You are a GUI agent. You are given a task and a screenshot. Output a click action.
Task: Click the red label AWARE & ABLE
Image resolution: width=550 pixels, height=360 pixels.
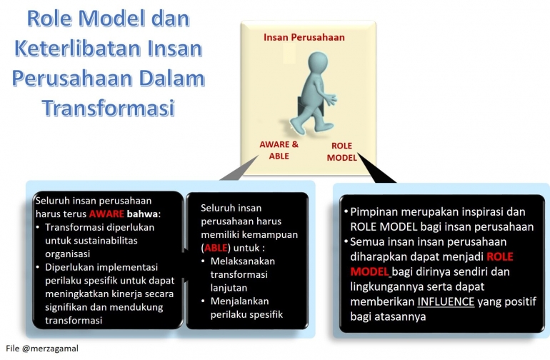[x=279, y=149]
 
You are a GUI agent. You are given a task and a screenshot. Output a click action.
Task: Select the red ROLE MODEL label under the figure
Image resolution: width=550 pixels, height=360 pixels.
[x=341, y=151]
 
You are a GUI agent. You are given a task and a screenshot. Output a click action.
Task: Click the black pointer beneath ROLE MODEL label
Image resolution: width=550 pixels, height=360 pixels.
[x=379, y=169]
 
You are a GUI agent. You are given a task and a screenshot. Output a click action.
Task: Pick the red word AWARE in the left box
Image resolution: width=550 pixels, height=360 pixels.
[x=109, y=214]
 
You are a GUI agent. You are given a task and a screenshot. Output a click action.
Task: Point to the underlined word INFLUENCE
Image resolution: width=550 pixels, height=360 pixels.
[x=446, y=301]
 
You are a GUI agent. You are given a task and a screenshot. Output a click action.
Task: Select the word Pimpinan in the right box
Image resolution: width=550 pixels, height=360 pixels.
[x=374, y=212]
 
